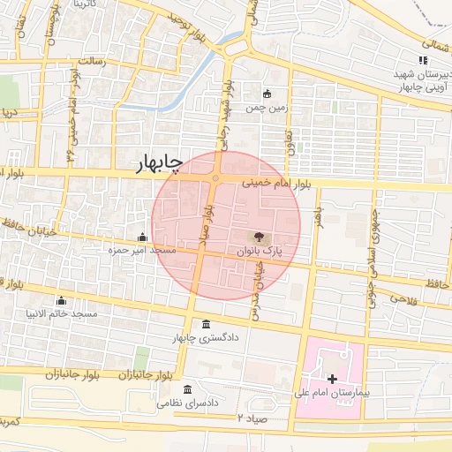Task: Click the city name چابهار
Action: pos(159,164)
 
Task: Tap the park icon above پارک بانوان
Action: pos(259,237)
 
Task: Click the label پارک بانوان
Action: pos(260,251)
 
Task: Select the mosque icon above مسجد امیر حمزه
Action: pos(142,237)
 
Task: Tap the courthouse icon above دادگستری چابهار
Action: pos(206,324)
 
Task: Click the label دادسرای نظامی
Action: pos(187,402)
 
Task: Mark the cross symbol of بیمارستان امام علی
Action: pos(331,378)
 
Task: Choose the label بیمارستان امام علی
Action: pos(330,390)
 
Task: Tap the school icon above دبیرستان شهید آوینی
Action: pos(423,61)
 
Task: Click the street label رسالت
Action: pos(92,61)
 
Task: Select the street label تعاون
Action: pos(288,137)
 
